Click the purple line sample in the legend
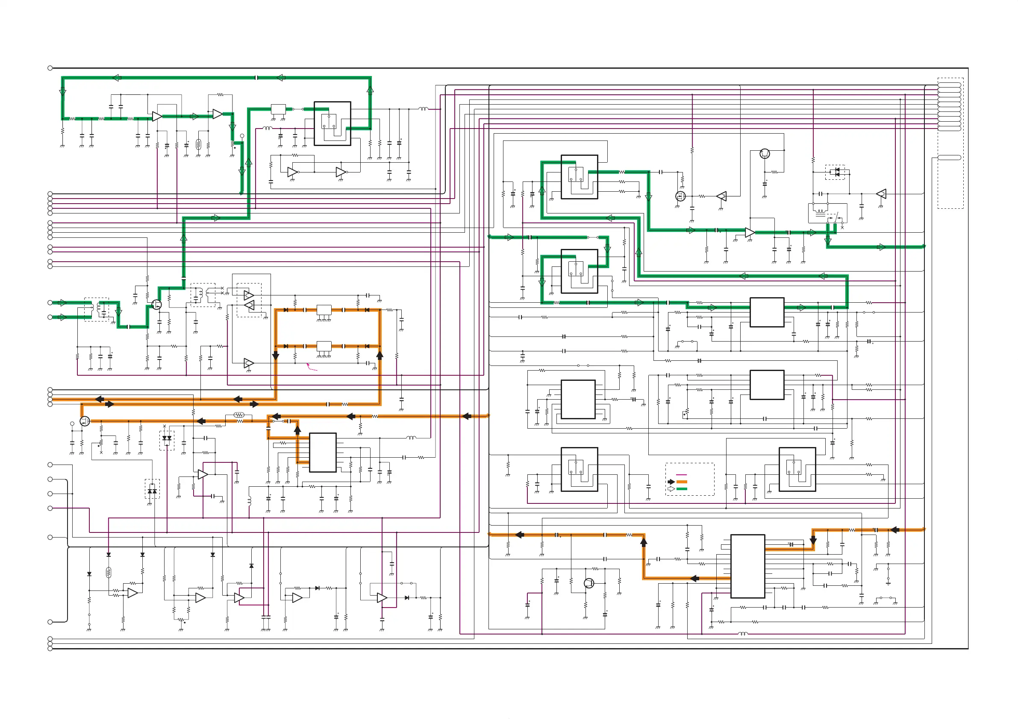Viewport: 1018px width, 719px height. [x=682, y=475]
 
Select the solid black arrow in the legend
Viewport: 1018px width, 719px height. [x=671, y=482]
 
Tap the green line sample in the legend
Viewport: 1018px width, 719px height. [x=682, y=488]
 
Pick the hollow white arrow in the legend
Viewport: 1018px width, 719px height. [x=671, y=488]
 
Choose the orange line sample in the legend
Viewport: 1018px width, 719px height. [x=682, y=482]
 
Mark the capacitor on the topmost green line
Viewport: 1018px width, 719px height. [x=257, y=78]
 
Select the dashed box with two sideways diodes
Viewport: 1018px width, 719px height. [x=835, y=172]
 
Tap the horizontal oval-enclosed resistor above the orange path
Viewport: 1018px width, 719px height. [x=239, y=415]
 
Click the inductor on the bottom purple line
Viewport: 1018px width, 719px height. [x=743, y=634]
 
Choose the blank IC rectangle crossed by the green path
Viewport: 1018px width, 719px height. [x=767, y=312]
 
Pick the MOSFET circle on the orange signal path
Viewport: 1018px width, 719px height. [x=85, y=421]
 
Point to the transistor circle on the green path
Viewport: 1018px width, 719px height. [x=156, y=304]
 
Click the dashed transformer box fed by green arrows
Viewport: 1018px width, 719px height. [x=97, y=309]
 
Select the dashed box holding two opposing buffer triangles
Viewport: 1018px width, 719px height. [x=249, y=300]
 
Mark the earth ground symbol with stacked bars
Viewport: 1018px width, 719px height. [x=888, y=583]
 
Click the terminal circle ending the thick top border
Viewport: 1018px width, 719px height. [x=50, y=68]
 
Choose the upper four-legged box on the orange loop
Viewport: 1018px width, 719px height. [x=324, y=310]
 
